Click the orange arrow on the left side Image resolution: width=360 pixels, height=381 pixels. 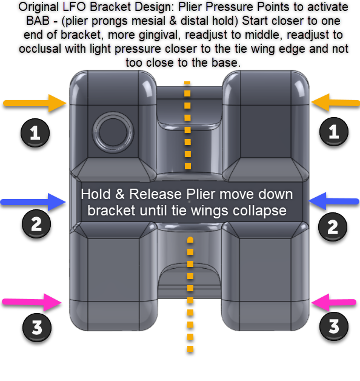click(x=35, y=103)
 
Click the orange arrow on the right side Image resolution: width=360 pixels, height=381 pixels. click(x=336, y=103)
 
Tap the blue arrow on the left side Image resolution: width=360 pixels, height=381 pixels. click(x=33, y=202)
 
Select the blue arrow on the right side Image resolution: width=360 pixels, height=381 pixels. click(x=334, y=201)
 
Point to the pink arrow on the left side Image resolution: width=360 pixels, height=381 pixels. click(x=32, y=302)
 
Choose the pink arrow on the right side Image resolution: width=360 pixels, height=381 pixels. click(x=334, y=302)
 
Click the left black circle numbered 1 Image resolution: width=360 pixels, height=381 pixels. click(x=35, y=133)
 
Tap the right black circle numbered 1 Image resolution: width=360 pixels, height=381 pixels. click(x=334, y=132)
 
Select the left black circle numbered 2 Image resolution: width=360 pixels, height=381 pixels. click(x=36, y=224)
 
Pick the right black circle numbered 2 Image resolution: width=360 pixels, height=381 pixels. click(x=333, y=227)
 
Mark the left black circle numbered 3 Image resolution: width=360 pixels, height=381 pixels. click(x=37, y=327)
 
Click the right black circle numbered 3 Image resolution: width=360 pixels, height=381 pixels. click(x=334, y=326)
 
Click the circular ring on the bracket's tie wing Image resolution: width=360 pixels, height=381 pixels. click(x=113, y=112)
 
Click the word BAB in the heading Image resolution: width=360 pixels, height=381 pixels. click(x=38, y=21)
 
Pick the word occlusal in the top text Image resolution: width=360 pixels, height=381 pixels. click(x=40, y=49)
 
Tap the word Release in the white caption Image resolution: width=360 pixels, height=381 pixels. click(x=155, y=194)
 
